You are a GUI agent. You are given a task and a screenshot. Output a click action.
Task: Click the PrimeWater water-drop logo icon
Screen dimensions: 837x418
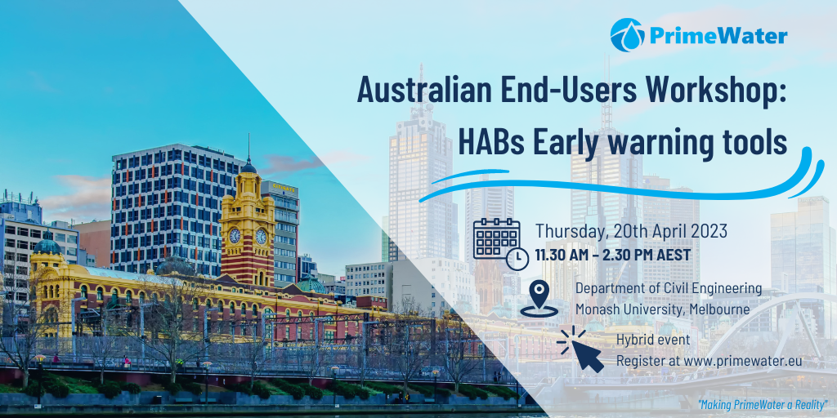627,35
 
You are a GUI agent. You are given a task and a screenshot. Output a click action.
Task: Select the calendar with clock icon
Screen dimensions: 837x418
501,243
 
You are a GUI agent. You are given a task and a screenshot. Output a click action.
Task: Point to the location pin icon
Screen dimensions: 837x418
539,299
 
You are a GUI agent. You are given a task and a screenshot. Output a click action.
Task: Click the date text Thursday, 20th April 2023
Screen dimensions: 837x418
632,231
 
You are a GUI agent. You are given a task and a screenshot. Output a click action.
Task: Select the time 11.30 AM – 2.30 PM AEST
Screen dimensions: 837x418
613,255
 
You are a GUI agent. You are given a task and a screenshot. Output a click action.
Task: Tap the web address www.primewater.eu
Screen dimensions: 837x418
742,362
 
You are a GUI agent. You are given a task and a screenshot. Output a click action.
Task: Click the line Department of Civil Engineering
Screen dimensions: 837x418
669,289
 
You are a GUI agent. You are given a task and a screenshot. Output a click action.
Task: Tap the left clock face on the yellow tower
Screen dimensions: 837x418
235,236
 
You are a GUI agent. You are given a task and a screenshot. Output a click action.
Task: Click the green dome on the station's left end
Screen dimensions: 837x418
47,245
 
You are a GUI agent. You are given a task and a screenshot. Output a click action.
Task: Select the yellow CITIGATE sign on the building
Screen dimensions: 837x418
284,187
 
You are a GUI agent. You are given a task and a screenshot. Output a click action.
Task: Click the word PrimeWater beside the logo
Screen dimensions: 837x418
718,36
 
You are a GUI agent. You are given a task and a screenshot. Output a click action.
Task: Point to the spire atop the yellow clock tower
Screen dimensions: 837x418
248,149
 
